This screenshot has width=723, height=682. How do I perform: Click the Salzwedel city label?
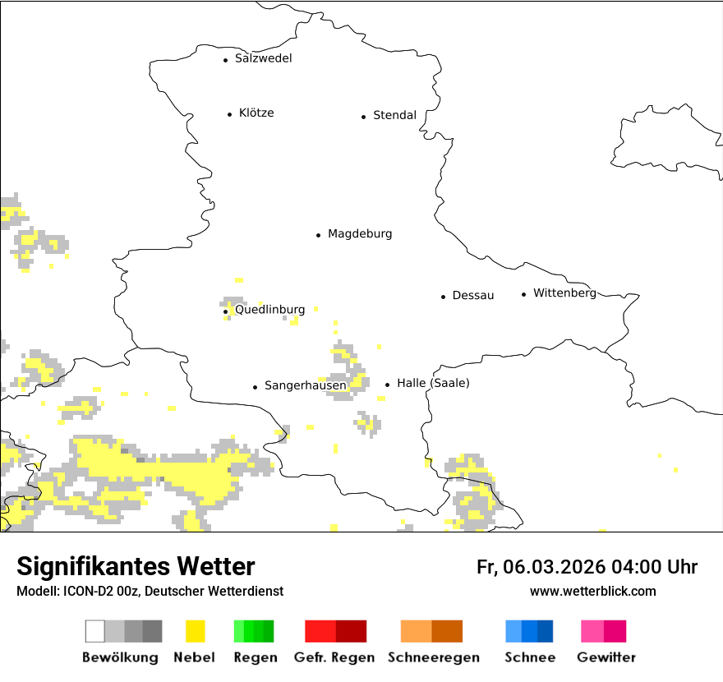(263, 58)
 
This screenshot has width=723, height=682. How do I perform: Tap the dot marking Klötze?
(229, 114)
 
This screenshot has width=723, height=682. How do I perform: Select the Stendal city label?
(394, 115)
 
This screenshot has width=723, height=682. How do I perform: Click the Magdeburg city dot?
(318, 235)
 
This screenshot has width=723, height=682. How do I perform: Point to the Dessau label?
(472, 295)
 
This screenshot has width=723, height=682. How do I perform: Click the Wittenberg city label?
(564, 293)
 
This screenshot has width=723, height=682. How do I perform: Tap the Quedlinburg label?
(270, 310)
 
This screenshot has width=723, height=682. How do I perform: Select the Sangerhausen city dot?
(255, 387)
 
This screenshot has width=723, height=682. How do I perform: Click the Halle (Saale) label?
(433, 383)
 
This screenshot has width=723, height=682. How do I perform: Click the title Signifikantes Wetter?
(136, 567)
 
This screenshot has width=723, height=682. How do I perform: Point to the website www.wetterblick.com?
(592, 591)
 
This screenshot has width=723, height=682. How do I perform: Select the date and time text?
(587, 567)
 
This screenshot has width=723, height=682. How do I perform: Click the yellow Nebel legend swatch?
(195, 631)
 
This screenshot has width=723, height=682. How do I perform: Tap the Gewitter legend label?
(606, 657)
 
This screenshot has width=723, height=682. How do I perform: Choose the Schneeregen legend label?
(434, 657)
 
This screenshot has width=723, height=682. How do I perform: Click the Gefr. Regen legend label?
(334, 657)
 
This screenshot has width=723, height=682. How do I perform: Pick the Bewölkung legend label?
(120, 657)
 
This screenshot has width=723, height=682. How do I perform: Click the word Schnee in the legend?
(530, 657)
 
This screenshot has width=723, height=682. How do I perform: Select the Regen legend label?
(255, 657)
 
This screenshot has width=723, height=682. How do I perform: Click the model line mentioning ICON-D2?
(150, 591)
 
